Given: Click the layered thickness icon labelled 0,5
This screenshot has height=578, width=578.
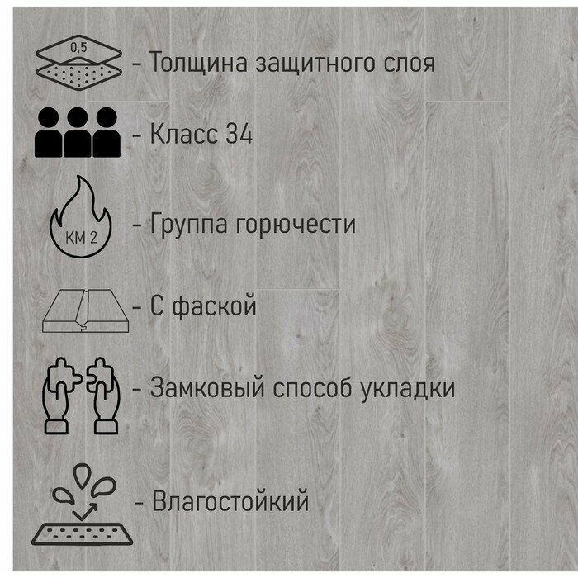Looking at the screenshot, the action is click(78, 62).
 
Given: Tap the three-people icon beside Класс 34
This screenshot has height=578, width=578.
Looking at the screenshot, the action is click(78, 132).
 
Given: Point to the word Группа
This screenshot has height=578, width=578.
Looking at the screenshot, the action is click(193, 224).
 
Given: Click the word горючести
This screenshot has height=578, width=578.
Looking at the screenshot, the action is click(300, 225).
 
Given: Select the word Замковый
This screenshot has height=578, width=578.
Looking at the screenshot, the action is click(207, 387).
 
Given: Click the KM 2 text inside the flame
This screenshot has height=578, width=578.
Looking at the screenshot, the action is click(79, 237).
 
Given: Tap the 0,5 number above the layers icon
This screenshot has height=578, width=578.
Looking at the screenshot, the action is click(78, 46).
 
